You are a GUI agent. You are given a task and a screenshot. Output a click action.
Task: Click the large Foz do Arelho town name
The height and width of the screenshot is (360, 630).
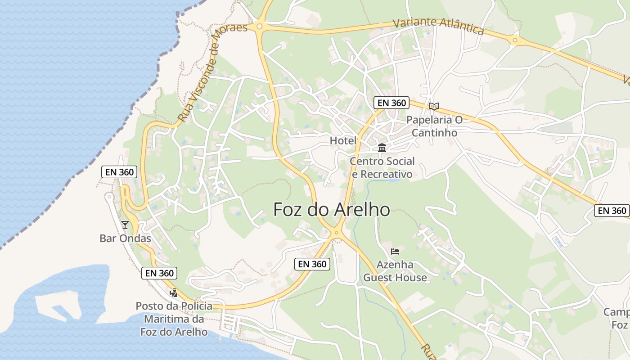(332, 210)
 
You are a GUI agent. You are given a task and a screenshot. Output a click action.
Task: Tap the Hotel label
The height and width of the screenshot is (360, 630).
(343, 140)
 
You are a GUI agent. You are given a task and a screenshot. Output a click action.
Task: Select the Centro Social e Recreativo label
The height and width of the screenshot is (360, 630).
(382, 167)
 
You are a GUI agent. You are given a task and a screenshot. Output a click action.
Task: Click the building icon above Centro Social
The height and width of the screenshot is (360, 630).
(382, 148)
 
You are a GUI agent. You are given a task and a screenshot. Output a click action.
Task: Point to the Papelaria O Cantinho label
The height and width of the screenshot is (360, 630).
(434, 126)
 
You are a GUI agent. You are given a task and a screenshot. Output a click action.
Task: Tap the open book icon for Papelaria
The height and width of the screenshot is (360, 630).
(434, 107)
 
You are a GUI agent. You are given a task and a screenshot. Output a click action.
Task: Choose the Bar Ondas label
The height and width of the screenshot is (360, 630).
(125, 238)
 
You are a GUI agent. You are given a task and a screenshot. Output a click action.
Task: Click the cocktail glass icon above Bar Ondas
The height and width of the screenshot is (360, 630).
(125, 225)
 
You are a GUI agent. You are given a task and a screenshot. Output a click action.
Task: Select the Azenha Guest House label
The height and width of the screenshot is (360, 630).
(395, 271)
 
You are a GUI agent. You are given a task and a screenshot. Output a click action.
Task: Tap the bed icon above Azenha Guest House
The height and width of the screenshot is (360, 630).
(395, 251)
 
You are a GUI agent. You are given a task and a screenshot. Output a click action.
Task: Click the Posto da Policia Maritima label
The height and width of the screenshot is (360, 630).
(174, 319)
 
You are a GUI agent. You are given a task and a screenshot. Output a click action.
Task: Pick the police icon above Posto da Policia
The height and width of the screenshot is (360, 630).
(173, 293)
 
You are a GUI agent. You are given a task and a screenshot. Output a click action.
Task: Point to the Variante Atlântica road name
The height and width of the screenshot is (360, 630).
(438, 26)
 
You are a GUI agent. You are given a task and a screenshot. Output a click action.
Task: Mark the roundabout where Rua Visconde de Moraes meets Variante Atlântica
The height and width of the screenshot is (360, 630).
(259, 27)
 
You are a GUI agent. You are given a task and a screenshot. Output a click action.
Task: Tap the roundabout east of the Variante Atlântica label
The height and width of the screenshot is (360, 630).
(515, 40)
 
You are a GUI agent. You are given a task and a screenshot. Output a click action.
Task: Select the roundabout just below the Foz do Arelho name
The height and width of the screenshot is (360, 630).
(336, 233)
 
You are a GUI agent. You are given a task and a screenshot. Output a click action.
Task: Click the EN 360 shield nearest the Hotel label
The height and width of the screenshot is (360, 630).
(391, 103)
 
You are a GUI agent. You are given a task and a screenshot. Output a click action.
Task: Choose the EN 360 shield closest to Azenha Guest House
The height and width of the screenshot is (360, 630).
(312, 264)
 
